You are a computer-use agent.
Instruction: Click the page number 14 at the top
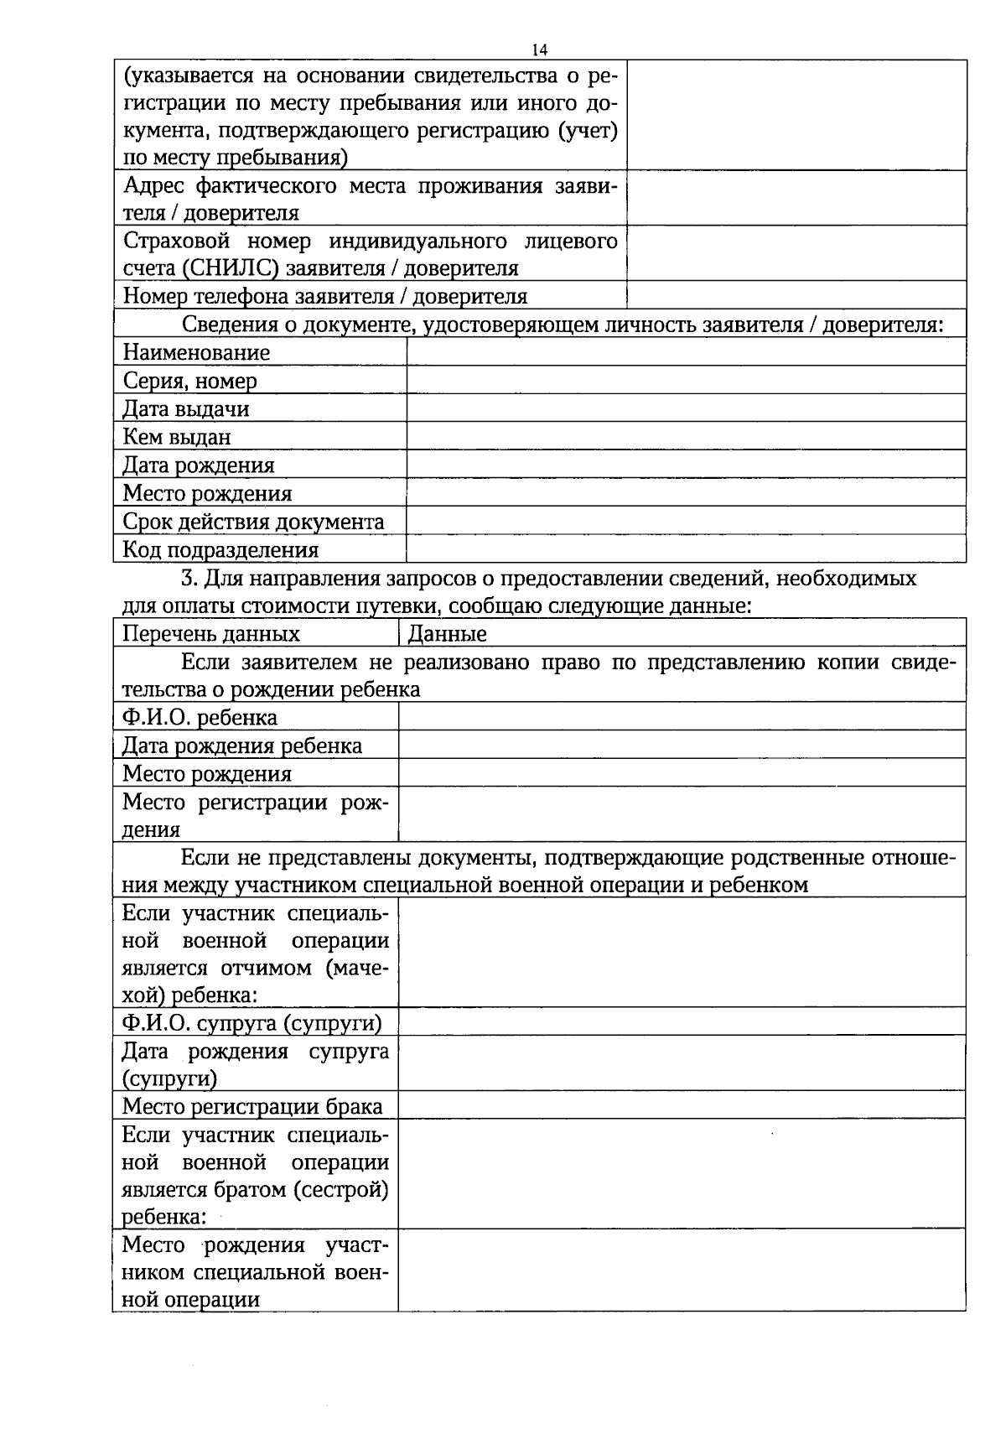[540, 50]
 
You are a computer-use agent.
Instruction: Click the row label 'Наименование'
[196, 352]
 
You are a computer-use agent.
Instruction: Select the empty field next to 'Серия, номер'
[686, 380]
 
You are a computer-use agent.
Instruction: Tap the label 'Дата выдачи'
[186, 408]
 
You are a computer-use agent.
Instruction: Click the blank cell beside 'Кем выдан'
[686, 436]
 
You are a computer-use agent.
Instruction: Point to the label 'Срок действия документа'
[253, 521]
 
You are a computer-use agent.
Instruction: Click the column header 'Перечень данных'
[211, 633]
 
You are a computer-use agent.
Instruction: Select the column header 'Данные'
[447, 633]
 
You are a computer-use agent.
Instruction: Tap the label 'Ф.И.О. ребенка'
[200, 717]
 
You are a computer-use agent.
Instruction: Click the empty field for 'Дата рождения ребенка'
[682, 745]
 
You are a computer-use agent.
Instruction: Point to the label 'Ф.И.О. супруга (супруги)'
[251, 1022]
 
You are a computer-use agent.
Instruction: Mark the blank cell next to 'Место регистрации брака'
[682, 1104]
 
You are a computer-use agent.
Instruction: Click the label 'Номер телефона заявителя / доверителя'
[325, 296]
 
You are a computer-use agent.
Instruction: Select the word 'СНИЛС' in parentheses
[237, 268]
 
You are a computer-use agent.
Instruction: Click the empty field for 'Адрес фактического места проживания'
[796, 198]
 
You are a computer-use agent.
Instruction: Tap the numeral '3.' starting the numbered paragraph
[189, 578]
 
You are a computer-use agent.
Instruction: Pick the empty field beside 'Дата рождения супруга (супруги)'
[682, 1063]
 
